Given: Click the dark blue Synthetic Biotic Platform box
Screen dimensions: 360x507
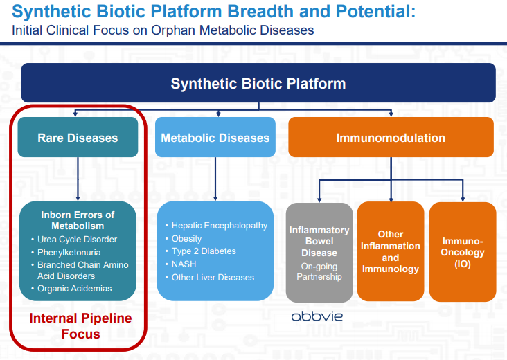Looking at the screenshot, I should pyautogui.click(x=258, y=83).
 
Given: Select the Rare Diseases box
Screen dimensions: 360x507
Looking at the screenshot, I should pyautogui.click(x=78, y=138).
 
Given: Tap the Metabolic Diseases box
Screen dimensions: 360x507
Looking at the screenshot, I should pyautogui.click(x=215, y=138).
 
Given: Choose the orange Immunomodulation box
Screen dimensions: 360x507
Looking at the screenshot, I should pyautogui.click(x=391, y=138).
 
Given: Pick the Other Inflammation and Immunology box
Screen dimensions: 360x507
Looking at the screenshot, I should pyautogui.click(x=391, y=251).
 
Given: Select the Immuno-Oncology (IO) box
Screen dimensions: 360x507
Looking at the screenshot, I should pyautogui.click(x=463, y=253).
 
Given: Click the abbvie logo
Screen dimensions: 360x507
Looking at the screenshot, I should pyautogui.click(x=317, y=316).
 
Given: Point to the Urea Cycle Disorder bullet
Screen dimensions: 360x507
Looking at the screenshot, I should pyautogui.click(x=77, y=240).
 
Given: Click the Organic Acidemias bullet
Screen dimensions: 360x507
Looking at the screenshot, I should pyautogui.click(x=75, y=289).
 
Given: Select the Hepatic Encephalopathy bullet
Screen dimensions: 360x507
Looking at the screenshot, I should pyautogui.click(x=219, y=226).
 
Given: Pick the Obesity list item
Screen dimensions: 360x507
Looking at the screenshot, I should pyautogui.click(x=187, y=239).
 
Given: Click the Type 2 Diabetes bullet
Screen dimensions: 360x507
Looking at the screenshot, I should pyautogui.click(x=204, y=251).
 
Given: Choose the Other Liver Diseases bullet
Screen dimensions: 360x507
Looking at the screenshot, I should pyautogui.click(x=213, y=278).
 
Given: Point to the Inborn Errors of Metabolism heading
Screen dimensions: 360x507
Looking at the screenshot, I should pyautogui.click(x=78, y=220).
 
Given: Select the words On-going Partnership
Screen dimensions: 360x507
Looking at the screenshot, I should pyautogui.click(x=319, y=271).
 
